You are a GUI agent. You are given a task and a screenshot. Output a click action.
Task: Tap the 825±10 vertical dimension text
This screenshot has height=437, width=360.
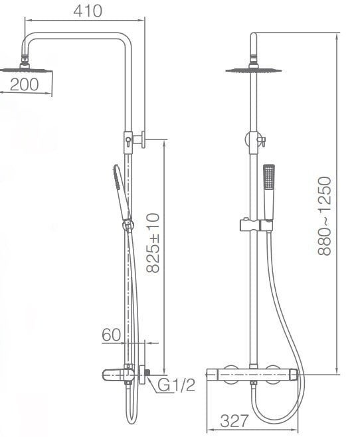click(154, 242)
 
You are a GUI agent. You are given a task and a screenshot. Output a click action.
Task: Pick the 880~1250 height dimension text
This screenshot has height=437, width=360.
click(325, 216)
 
